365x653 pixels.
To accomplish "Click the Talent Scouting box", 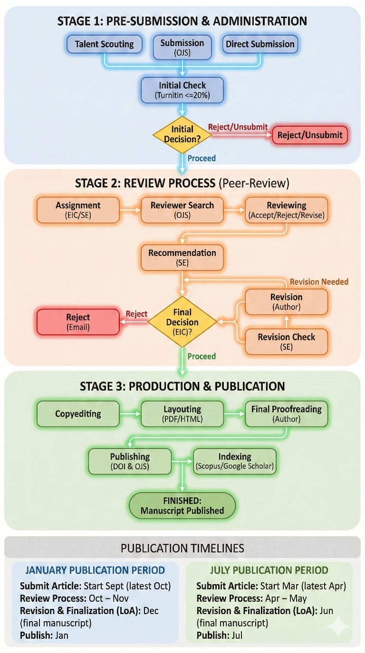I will [105, 45].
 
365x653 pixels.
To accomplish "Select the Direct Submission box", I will [260, 45].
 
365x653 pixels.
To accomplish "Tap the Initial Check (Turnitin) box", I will [182, 90].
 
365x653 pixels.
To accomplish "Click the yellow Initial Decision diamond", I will [182, 134].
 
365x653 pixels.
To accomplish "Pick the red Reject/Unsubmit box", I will [310, 135].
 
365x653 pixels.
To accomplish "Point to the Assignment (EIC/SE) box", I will [78, 210].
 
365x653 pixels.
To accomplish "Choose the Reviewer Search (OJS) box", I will [182, 210].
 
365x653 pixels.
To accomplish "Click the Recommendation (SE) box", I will [182, 258].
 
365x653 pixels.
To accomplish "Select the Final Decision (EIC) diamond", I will [182, 322].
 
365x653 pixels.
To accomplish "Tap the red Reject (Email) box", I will [78, 322].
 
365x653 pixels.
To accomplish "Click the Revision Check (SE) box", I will [286, 342].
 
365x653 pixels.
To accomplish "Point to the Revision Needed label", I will [319, 282].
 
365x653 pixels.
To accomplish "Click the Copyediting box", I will [78, 414].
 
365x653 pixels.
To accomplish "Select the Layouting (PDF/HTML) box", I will [182, 414].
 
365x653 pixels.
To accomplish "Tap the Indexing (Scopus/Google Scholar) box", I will [234, 461].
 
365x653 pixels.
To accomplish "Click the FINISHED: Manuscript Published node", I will [182, 505].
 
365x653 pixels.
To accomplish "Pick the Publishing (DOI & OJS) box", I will [130, 461].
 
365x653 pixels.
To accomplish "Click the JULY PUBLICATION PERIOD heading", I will [269, 570].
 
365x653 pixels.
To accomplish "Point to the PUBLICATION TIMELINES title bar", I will [182, 548].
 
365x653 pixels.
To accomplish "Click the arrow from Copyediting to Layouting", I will [130, 414].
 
